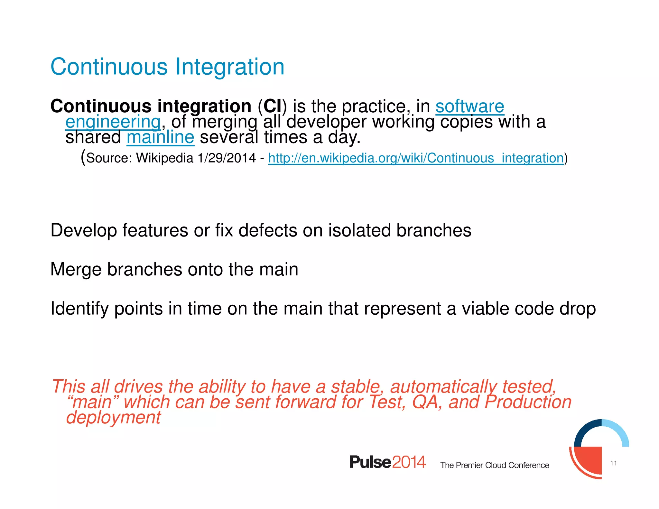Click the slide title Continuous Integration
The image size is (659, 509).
click(x=167, y=67)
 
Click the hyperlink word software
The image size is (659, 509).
click(x=469, y=106)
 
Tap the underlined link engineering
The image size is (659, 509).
click(x=113, y=122)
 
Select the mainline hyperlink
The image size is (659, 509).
click(x=160, y=137)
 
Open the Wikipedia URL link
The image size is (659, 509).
click(x=416, y=158)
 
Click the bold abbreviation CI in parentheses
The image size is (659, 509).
click(x=272, y=106)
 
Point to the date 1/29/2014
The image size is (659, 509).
click(x=227, y=158)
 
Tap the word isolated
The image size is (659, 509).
click(x=359, y=230)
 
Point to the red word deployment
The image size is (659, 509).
click(x=113, y=417)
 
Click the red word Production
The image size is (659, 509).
click(x=528, y=402)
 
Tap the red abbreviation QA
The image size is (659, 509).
click(x=427, y=402)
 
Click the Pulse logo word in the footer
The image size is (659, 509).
click(x=370, y=462)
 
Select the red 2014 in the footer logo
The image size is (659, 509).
click(x=409, y=462)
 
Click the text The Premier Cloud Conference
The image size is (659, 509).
click(x=495, y=465)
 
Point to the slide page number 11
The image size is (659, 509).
click(x=613, y=463)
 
